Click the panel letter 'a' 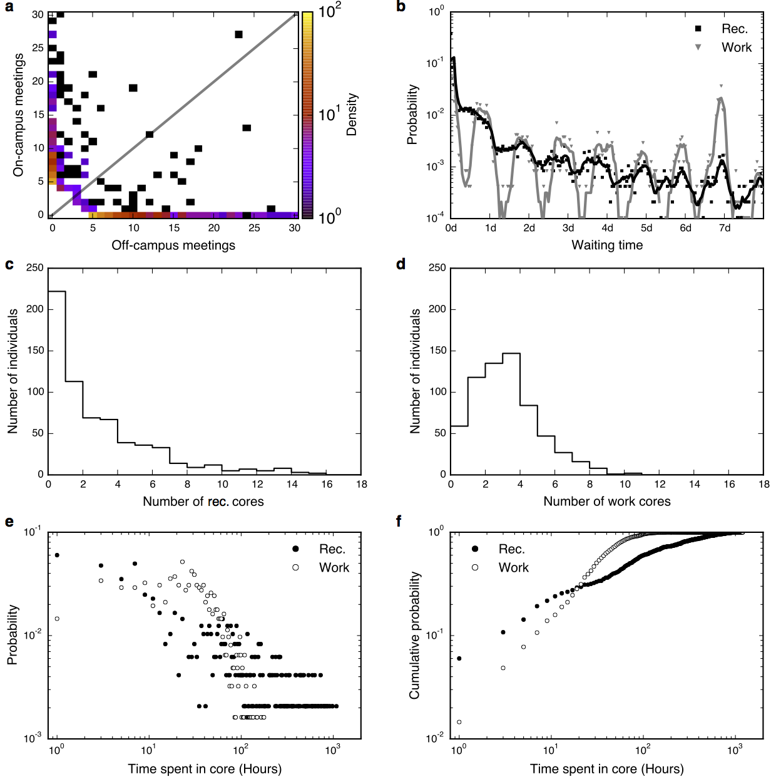click(x=9, y=7)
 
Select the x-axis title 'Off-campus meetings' click(x=173, y=245)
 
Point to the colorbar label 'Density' click(x=352, y=115)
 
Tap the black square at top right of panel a click(x=238, y=34)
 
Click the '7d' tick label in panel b click(x=724, y=228)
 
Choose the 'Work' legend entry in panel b click(x=736, y=48)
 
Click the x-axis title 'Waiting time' click(x=607, y=245)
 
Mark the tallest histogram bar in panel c click(x=57, y=382)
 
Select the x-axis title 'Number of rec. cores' click(x=203, y=502)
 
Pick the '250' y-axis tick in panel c click(x=35, y=268)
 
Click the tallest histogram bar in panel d click(x=511, y=413)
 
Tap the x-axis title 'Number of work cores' click(x=606, y=502)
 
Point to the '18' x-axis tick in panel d click(x=763, y=485)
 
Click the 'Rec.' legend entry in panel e click(x=332, y=549)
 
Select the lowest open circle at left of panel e click(x=57, y=619)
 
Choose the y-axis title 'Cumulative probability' click(x=414, y=636)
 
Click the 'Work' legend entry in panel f click(x=513, y=567)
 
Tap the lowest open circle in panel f click(x=459, y=722)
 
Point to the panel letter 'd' click(x=401, y=264)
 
